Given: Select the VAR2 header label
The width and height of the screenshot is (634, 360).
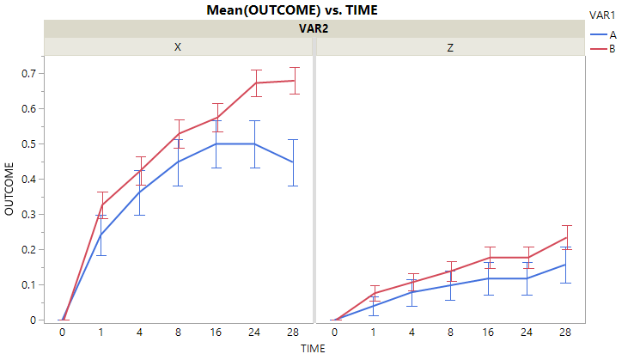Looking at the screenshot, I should (314, 28).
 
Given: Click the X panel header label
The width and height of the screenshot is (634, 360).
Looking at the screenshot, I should (178, 47).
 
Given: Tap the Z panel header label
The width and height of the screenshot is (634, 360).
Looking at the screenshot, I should (450, 47).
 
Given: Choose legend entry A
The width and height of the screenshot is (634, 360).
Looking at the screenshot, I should (613, 34).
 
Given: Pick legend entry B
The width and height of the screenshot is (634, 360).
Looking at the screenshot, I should (613, 49).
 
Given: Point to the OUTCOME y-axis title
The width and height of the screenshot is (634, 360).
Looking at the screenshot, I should (10, 189).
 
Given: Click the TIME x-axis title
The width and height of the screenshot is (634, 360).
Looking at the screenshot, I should (314, 349).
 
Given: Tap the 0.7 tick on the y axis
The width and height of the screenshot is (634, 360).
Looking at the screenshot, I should (28, 74).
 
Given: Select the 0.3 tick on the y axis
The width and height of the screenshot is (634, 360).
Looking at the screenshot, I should (28, 215).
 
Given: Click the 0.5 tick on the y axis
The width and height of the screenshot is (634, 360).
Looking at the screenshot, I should (28, 144).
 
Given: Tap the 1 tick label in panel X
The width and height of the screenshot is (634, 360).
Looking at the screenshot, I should (101, 331).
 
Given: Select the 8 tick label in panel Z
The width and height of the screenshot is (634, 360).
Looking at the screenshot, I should (450, 331).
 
